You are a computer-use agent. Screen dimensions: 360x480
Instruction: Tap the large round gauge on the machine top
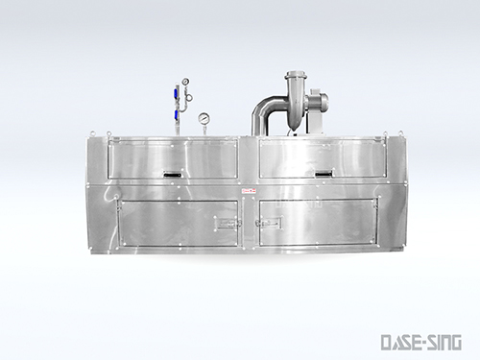(204, 119)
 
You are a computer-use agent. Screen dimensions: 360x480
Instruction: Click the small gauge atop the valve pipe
(180, 82)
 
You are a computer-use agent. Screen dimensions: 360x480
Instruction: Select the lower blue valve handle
(177, 116)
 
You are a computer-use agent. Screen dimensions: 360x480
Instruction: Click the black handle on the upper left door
(172, 176)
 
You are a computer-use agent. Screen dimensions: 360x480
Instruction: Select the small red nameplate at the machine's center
(247, 192)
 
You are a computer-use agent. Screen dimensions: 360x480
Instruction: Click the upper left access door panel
(173, 158)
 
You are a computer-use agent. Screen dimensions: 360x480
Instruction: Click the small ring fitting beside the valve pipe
(189, 98)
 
